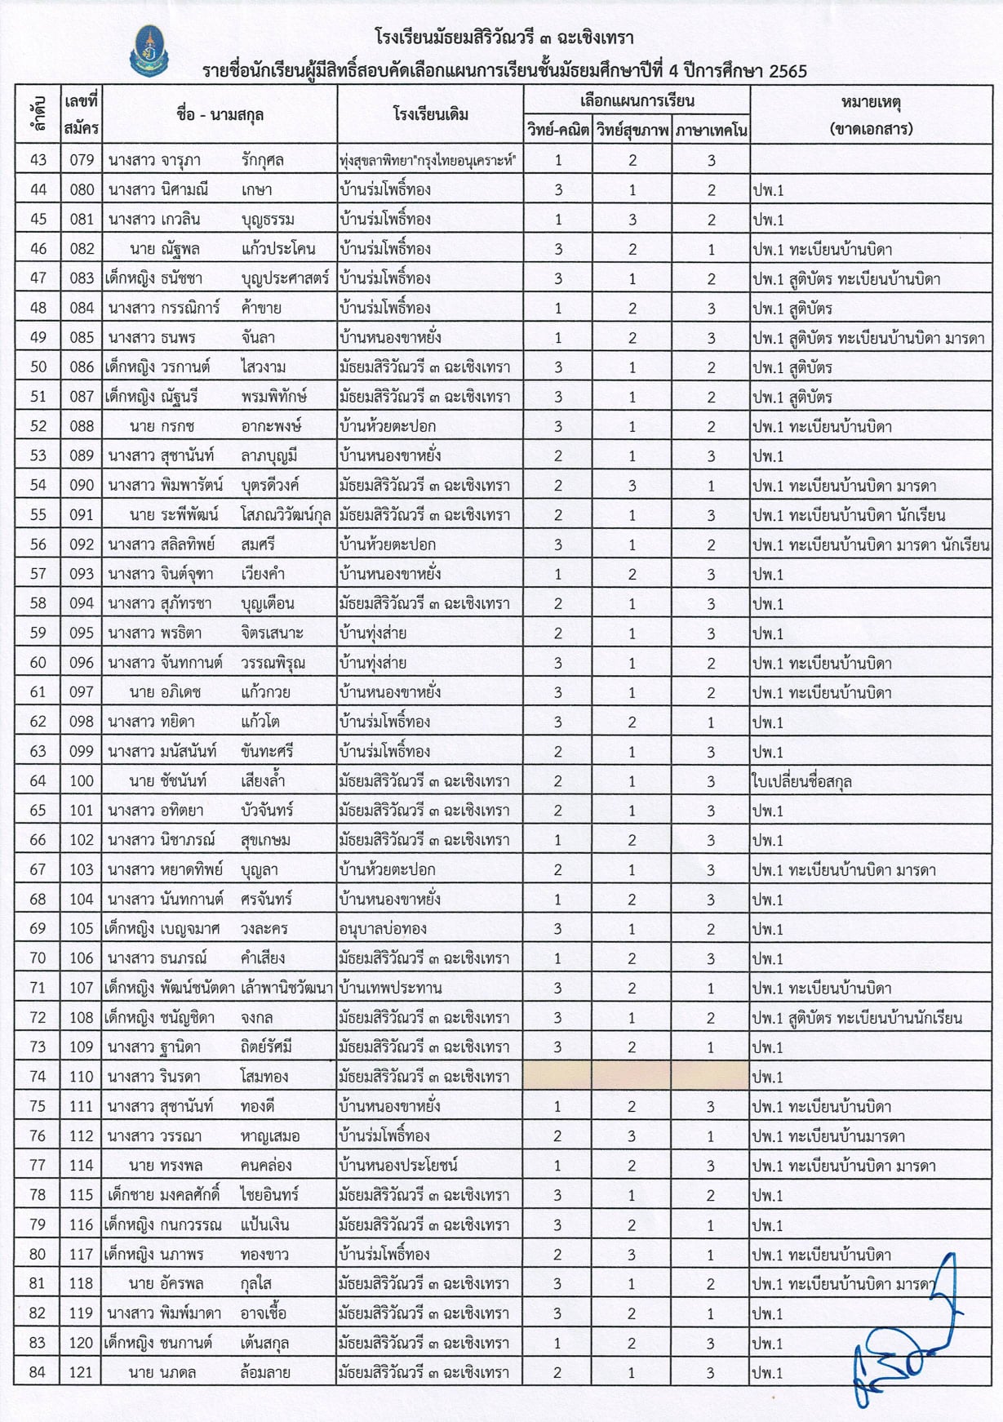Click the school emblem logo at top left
[149, 51]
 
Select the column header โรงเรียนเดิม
[430, 114]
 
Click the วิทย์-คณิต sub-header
[558, 130]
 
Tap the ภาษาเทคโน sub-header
[711, 130]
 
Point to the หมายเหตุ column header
[870, 114]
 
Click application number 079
[82, 160]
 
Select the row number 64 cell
[38, 781]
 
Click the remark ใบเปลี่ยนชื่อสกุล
[801, 781]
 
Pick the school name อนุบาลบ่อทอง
[383, 929]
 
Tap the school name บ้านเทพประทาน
[390, 988]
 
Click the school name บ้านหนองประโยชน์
[398, 1166]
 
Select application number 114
[82, 1166]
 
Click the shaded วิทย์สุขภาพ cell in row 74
[632, 1077]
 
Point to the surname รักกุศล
[263, 160]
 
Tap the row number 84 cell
[38, 1372]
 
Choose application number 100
[82, 781]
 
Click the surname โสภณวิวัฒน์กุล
[286, 515]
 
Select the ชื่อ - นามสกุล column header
[220, 114]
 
